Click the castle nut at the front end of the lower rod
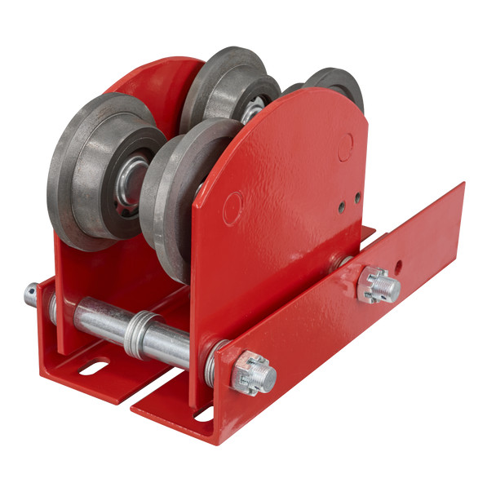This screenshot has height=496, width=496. pyautogui.click(x=254, y=374)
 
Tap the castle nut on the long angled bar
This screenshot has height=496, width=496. pyautogui.click(x=379, y=286)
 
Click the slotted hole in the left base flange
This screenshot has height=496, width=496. pyautogui.click(x=94, y=368)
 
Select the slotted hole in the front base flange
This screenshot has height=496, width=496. pyautogui.click(x=203, y=415)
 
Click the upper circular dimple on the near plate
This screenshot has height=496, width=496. pyautogui.click(x=346, y=145)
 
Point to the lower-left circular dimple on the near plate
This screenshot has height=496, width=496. pyautogui.click(x=232, y=207)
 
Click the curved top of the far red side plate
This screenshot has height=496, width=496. pyautogui.click(x=163, y=69)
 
